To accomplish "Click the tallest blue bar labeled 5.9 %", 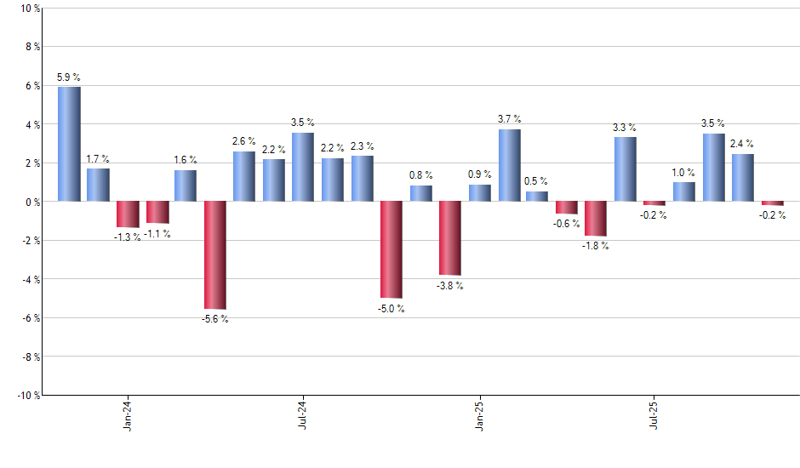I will pos(69,144).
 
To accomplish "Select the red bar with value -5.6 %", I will pos(215,254).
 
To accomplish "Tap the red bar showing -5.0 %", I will pos(391,249).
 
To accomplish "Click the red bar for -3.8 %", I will pos(450,238).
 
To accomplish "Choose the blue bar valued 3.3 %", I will pos(626,169).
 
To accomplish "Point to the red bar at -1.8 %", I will pos(597,219).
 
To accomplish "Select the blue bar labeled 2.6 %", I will pos(244,176).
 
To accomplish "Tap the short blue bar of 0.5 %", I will pos(537,197).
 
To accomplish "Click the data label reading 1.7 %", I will pos(98,158).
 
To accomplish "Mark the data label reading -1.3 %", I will pos(128,237).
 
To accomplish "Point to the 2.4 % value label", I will pos(742,144).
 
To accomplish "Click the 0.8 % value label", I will pos(421,175).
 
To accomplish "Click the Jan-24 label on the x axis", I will pos(128,415).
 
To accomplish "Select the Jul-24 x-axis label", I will pos(304,415).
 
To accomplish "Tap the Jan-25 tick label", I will pos(479,415).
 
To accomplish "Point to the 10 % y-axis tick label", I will pos(29,9).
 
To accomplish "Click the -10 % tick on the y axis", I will pos(27,395).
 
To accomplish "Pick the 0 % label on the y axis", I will pos(31,202).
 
